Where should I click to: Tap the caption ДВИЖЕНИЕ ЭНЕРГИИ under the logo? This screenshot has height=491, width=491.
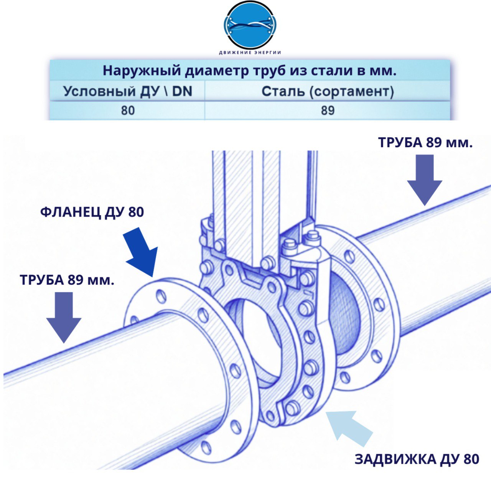[250, 53]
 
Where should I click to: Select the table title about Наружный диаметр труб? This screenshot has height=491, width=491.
[250, 71]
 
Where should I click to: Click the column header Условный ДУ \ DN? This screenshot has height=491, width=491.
[128, 91]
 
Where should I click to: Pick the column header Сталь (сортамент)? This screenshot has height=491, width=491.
[328, 92]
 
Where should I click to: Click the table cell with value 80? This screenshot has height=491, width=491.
[128, 110]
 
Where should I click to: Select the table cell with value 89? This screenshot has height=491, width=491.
[328, 110]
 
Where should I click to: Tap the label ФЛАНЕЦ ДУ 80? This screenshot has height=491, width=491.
[92, 212]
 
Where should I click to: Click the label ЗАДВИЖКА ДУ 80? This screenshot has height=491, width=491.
[417, 460]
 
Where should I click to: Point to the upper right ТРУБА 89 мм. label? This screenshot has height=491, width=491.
[425, 142]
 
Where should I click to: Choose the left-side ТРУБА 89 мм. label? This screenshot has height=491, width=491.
[67, 280]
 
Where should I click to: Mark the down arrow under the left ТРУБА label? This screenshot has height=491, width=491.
[64, 318]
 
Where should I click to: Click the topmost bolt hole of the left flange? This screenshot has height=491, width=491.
[161, 297]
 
